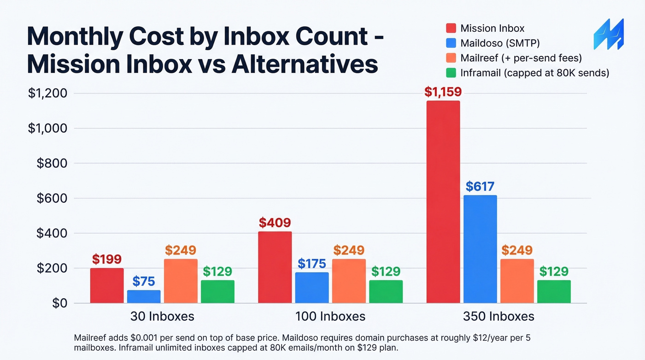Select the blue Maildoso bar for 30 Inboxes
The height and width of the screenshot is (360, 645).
tap(144, 296)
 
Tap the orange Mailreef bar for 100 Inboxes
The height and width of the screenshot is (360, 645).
tap(349, 281)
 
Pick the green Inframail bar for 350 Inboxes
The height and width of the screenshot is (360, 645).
tap(554, 291)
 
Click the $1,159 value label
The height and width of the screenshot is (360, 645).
tap(443, 92)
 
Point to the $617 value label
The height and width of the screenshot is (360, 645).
tap(480, 187)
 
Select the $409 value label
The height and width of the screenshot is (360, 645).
tap(275, 223)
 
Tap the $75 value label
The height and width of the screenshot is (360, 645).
tap(144, 281)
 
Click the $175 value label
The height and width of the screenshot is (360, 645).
tap(312, 264)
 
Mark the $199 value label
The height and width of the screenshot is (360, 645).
tap(107, 260)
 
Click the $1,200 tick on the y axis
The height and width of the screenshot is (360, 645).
tap(47, 94)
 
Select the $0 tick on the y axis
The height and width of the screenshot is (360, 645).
tap(60, 303)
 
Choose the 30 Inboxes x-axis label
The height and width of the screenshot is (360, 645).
tap(162, 317)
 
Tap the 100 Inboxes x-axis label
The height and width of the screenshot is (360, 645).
tap(330, 317)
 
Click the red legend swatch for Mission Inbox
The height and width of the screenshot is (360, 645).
tap(451, 29)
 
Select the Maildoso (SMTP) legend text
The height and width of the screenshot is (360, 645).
tap(500, 43)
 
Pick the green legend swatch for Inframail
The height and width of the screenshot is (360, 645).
tap(451, 73)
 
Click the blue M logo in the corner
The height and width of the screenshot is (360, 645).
tap(608, 35)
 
